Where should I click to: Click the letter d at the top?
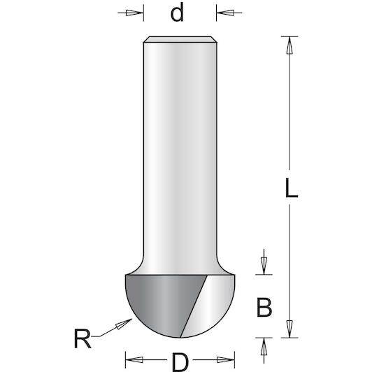coord(177,13)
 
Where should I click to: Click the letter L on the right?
coord(291,188)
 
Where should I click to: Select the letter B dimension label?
coord(264,308)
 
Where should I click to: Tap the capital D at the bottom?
coord(180,362)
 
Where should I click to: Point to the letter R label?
coord(83,338)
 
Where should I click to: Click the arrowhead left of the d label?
coord(134,13)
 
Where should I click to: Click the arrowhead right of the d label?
coord(225,13)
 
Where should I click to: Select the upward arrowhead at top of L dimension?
coord(289,45)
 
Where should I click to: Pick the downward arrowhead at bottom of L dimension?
coord(289,329)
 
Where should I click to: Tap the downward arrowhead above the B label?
coord(264,266)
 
